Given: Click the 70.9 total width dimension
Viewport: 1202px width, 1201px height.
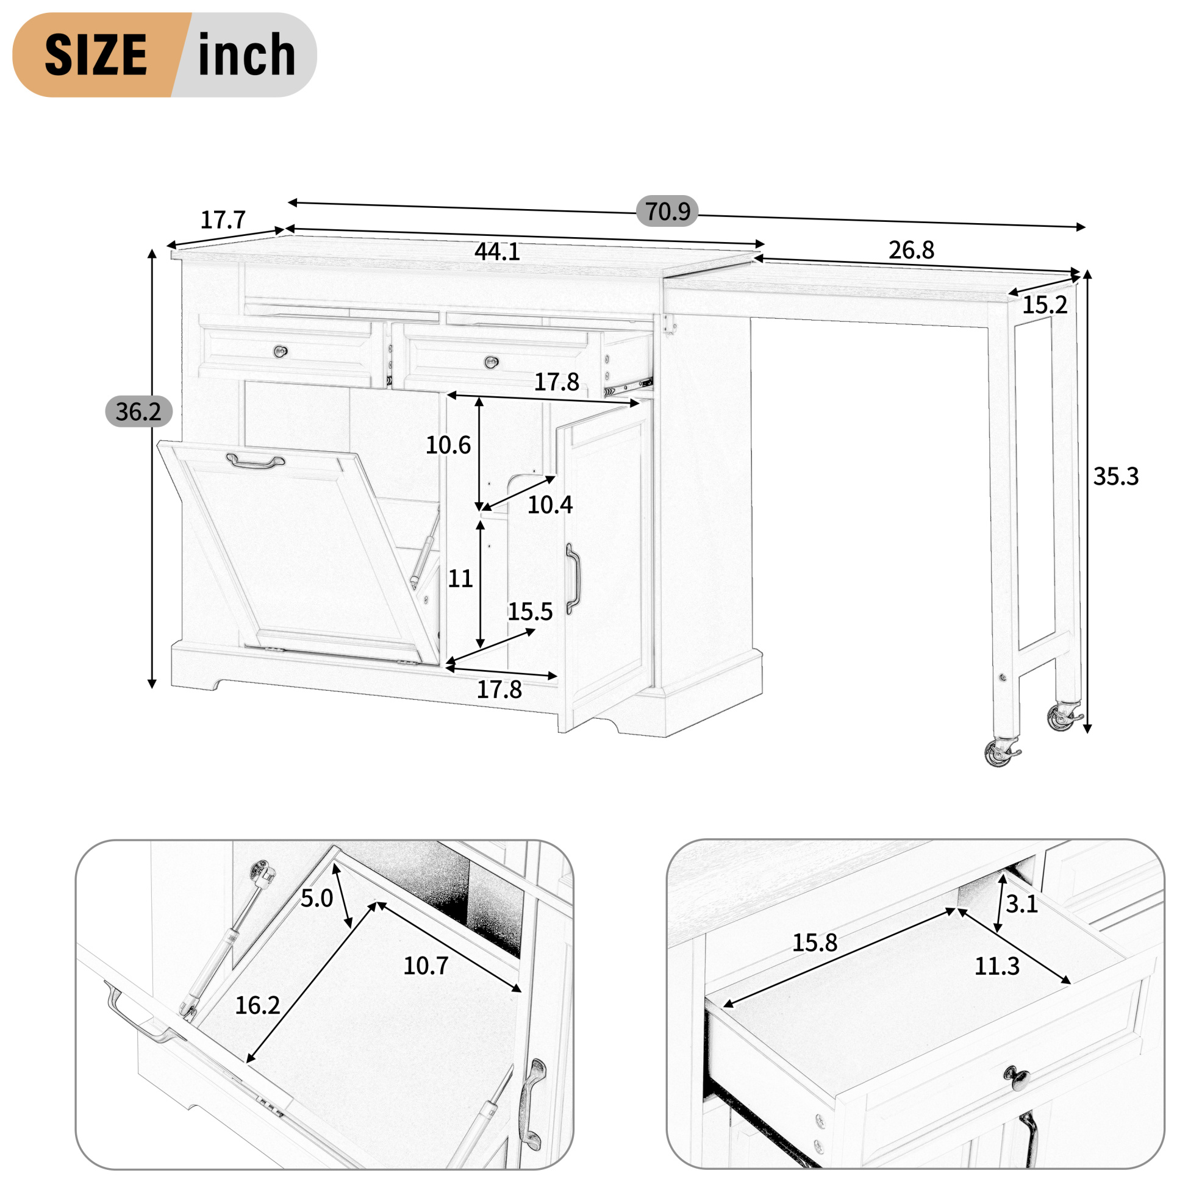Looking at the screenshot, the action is pyautogui.click(x=667, y=212).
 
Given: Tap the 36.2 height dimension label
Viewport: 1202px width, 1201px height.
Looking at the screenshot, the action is pyautogui.click(x=138, y=412).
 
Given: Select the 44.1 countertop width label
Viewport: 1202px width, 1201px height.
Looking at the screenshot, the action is pyautogui.click(x=497, y=252).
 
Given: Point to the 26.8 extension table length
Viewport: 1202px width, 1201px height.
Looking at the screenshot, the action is pyautogui.click(x=911, y=250).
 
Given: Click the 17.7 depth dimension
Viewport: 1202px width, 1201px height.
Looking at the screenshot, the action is pyautogui.click(x=223, y=220).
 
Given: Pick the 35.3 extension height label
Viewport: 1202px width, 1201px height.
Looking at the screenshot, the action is pyautogui.click(x=1115, y=476).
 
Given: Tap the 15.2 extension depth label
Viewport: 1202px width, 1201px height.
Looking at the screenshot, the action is pyautogui.click(x=1045, y=305).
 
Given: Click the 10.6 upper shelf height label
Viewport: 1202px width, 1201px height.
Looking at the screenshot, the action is pyautogui.click(x=448, y=445).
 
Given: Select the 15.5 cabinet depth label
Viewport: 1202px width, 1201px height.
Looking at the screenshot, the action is pyautogui.click(x=530, y=612).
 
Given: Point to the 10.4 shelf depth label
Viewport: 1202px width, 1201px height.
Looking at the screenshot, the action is pyautogui.click(x=550, y=505).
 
